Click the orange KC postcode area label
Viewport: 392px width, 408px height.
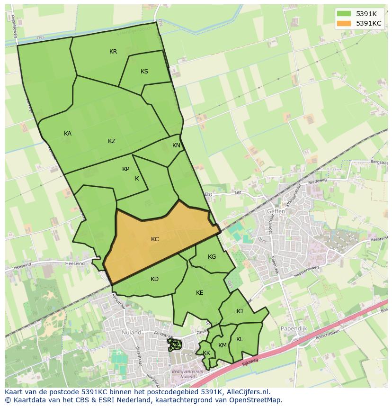[155, 239]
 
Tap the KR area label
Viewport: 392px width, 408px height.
[113, 52]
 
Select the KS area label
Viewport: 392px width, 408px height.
[144, 72]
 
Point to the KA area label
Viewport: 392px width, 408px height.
[68, 134]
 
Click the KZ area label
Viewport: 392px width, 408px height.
[112, 141]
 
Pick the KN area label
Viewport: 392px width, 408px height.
[176, 145]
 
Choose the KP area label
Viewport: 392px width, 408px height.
[125, 169]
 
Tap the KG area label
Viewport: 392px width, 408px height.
[212, 257]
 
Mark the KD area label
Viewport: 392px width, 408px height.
[154, 279]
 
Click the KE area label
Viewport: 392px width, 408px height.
[199, 293]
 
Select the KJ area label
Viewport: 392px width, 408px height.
[240, 311]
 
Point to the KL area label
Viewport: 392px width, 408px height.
[240, 339]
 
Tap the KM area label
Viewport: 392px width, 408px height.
[223, 345]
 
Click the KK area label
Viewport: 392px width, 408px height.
[206, 353]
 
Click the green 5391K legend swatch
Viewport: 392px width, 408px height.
[344, 13]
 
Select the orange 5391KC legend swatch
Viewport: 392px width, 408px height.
[344, 23]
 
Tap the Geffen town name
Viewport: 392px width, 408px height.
[276, 211]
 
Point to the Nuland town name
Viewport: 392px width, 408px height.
[131, 333]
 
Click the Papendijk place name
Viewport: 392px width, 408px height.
[294, 328]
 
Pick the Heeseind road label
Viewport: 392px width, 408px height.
[75, 263]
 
